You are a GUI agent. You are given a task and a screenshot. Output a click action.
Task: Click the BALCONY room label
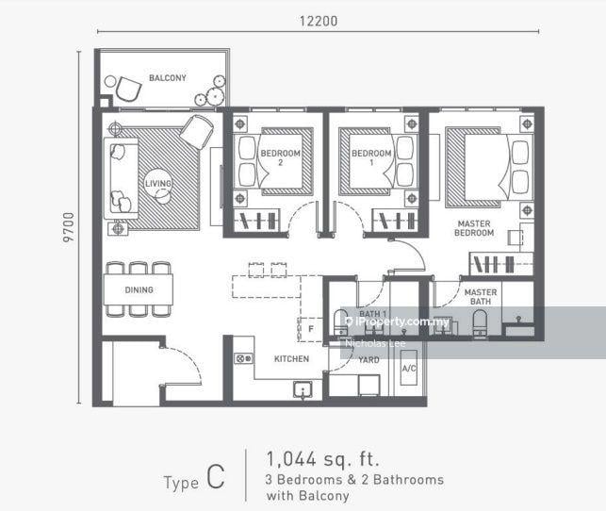pos(167,78)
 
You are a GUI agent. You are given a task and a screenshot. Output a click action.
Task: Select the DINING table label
pos(139,289)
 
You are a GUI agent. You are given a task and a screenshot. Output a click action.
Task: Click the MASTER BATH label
pos(480,298)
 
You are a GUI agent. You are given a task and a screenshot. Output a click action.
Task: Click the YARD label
pos(369,359)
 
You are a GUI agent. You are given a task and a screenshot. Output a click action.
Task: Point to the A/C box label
pos(409,368)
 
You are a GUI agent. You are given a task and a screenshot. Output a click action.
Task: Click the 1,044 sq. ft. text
pos(323,459)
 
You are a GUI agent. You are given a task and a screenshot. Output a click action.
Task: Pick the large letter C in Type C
pos(216,481)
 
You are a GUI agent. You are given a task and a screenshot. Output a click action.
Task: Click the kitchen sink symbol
pos(303,389)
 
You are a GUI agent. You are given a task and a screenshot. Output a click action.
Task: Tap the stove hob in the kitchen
pos(244,359)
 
